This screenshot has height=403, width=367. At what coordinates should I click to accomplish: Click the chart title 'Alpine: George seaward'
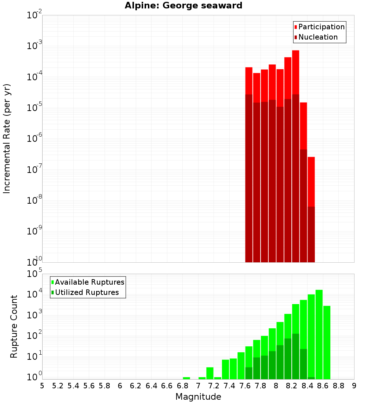(183, 6)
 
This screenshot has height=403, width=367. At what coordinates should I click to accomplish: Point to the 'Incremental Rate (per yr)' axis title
(7, 138)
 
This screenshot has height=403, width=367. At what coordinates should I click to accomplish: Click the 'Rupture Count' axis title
(14, 326)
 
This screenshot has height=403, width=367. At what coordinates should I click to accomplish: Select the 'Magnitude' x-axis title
(198, 396)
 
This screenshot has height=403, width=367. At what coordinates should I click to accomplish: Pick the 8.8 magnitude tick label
(339, 385)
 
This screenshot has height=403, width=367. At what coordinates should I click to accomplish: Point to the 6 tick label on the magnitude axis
(120, 385)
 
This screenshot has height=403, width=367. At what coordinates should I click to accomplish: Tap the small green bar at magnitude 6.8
(186, 378)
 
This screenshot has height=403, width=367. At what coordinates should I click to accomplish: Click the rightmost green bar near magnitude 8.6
(327, 342)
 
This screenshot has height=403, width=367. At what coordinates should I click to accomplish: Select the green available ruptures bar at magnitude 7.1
(210, 373)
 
